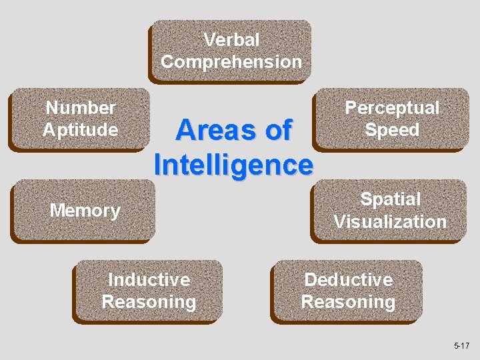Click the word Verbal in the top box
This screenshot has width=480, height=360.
click(x=231, y=40)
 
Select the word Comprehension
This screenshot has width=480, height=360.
click(x=231, y=62)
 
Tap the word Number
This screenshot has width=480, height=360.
click(x=81, y=107)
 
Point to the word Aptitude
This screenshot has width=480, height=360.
click(x=81, y=129)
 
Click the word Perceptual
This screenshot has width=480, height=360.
click(x=391, y=107)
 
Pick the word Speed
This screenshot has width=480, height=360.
click(x=391, y=129)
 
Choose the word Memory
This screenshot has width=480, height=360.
click(x=85, y=211)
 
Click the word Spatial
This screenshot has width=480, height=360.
click(x=390, y=199)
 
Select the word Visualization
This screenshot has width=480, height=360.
click(x=390, y=221)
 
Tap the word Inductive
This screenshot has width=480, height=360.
click(x=149, y=279)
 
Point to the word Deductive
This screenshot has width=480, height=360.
click(x=348, y=279)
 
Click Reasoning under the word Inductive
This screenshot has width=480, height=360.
click(x=149, y=302)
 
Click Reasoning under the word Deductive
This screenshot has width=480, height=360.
click(x=348, y=302)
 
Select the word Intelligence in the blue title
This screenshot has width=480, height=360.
click(x=233, y=164)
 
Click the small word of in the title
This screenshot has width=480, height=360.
click(x=278, y=131)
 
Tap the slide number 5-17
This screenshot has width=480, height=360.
click(x=461, y=345)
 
